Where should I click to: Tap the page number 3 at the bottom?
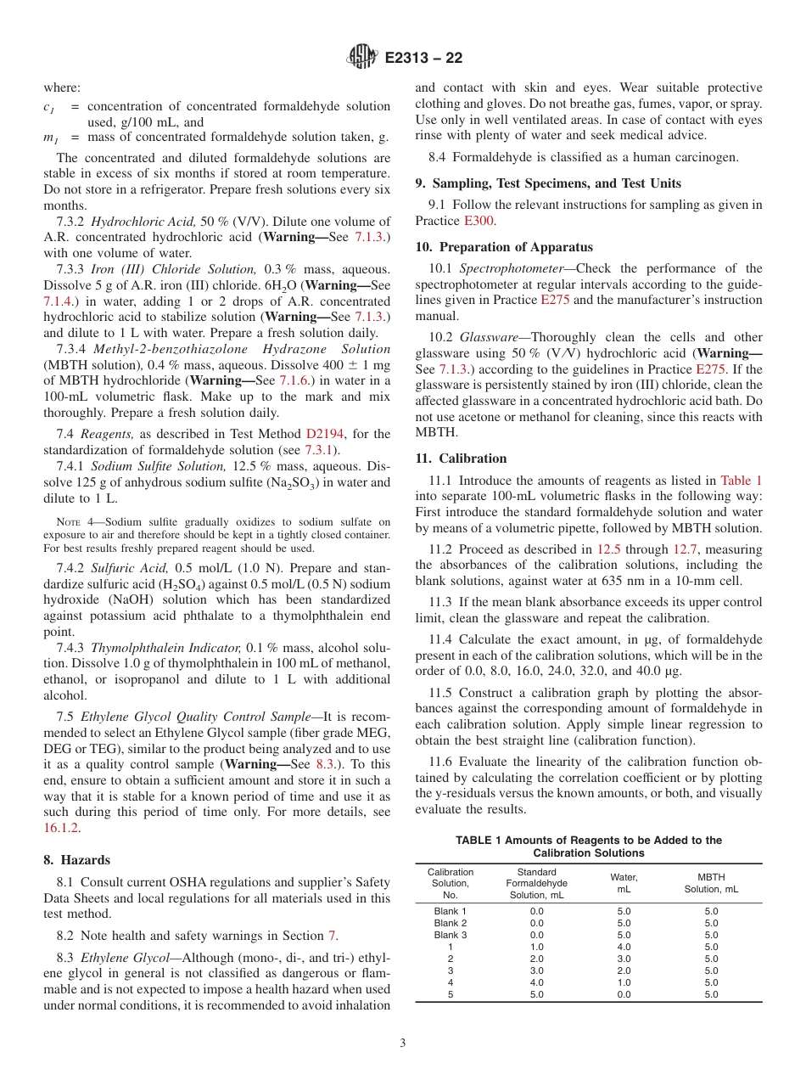pos(402,1043)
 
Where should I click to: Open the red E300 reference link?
pos(479,221)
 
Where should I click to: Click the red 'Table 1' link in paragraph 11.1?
pos(741,480)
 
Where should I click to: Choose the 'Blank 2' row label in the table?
pos(450,923)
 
